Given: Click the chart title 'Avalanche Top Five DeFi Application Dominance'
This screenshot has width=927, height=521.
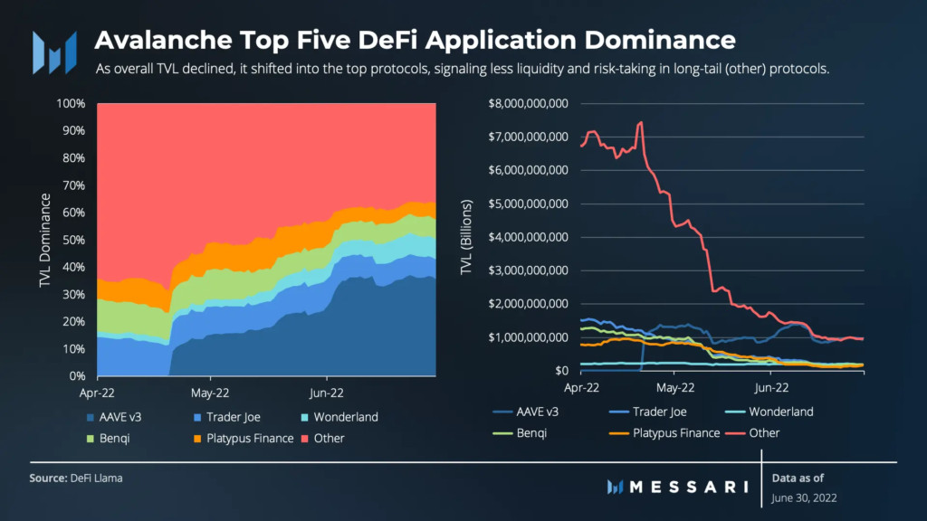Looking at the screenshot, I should click(x=415, y=41).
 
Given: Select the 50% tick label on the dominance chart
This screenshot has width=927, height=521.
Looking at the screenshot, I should click(x=73, y=240).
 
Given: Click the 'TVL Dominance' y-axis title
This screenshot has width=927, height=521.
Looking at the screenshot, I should click(x=44, y=239).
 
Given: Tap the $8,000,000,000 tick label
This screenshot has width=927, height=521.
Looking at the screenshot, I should click(x=528, y=103).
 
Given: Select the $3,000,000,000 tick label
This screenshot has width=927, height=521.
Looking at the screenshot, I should click(x=528, y=270).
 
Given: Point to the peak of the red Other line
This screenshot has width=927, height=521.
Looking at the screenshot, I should click(x=641, y=122).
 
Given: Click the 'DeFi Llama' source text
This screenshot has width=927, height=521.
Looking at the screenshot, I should click(x=96, y=478).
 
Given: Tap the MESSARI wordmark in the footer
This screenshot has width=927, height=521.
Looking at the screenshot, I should click(x=689, y=487).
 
